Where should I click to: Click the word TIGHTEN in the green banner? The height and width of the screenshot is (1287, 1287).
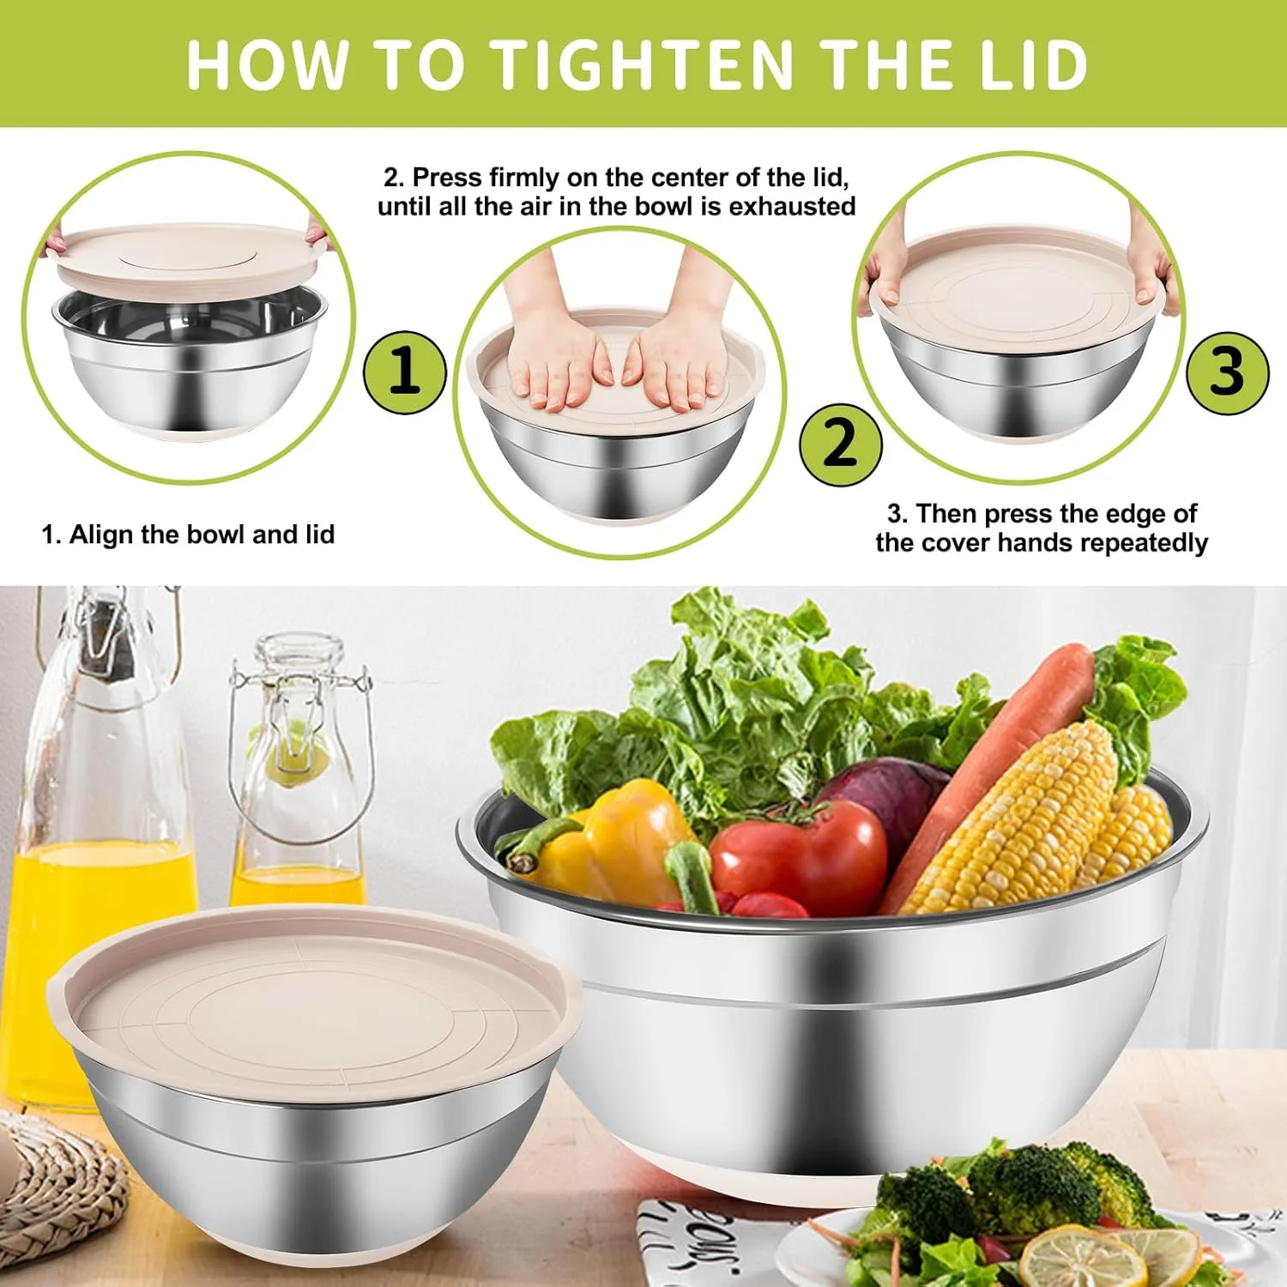(643, 64)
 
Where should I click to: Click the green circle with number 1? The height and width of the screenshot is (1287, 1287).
(405, 372)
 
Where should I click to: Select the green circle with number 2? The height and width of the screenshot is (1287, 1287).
(841, 444)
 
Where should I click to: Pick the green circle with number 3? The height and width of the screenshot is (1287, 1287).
(1227, 372)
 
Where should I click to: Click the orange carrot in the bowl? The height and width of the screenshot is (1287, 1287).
(987, 772)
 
